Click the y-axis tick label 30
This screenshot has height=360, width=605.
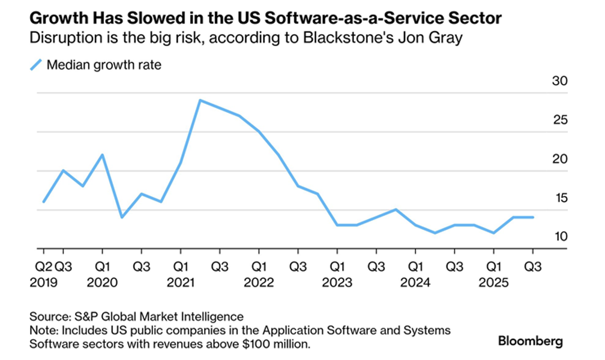pos(559,82)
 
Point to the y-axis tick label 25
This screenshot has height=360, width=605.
pos(559,121)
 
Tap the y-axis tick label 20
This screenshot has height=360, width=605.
pos(559,160)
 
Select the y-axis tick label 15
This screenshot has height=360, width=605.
pos(559,199)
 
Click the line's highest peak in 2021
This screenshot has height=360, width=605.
pos(200,100)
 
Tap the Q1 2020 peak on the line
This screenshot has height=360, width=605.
pos(103,155)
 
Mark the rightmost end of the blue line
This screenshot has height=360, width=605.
pos(533,217)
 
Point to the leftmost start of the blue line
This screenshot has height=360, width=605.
pos(43,202)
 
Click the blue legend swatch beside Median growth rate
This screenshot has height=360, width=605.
pos(37,64)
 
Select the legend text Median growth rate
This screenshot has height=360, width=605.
pos(104,65)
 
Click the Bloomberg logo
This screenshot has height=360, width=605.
pos(530,341)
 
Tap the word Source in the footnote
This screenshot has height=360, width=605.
pos(49,316)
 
